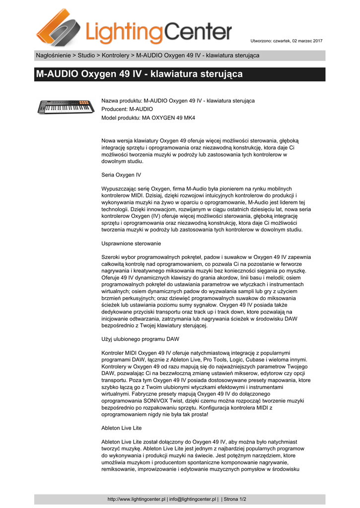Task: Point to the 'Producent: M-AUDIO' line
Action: tap(127, 109)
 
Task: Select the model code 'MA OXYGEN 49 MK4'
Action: tap(169, 118)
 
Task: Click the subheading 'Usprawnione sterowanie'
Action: tap(131, 244)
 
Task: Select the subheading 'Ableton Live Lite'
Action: tap(122, 428)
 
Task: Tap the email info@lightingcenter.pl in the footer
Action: tap(193, 499)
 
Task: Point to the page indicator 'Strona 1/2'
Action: tap(235, 499)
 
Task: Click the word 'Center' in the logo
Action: tap(198, 33)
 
